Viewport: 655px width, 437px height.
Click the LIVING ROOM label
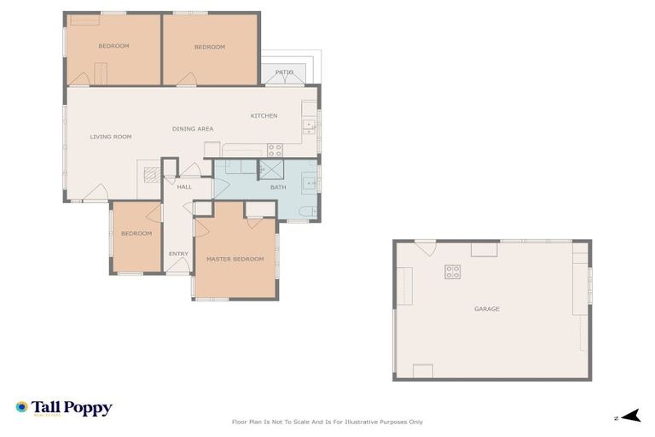point(111,137)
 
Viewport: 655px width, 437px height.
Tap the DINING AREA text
point(193,129)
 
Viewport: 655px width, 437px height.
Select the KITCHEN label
point(264,116)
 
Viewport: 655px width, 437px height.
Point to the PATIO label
point(284,73)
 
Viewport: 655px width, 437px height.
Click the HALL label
point(184,186)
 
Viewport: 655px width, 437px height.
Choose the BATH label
point(278,187)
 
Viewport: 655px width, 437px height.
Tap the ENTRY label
point(178,253)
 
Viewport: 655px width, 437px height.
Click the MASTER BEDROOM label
point(235,259)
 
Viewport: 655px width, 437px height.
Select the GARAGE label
point(487,309)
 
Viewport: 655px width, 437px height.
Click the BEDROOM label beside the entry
point(136,233)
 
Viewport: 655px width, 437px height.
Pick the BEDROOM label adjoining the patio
point(209,47)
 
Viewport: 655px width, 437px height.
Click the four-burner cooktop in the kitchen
point(275,149)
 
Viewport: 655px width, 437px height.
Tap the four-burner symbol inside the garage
point(452,272)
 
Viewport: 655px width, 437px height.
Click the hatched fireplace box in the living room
point(151,175)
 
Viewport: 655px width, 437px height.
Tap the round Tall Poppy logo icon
point(21,408)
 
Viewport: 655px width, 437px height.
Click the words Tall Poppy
point(72,407)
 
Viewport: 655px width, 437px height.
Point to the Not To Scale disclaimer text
point(327,422)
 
